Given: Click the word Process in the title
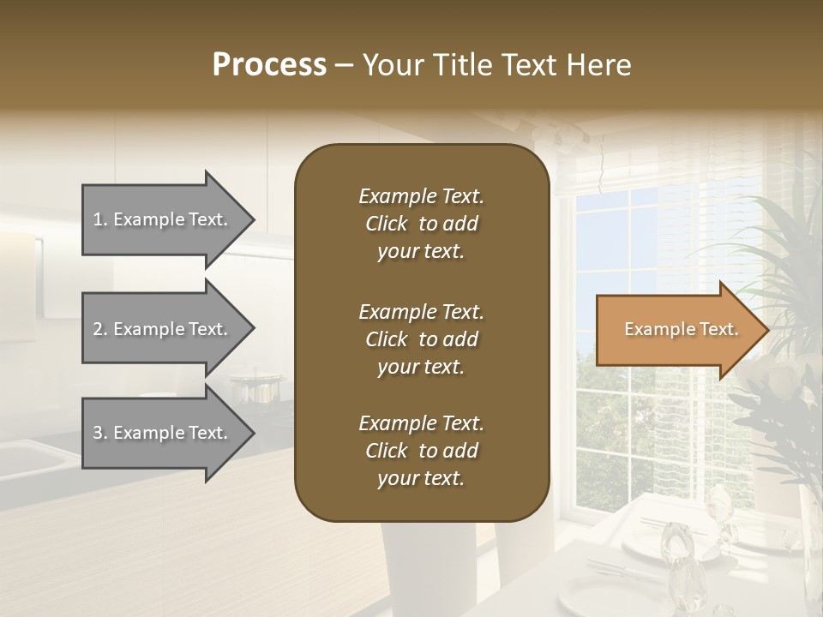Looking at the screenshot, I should point(269,65).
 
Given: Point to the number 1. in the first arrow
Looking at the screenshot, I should point(100,219).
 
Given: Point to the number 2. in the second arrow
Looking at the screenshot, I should point(100,329).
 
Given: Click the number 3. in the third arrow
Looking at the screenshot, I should point(100,433).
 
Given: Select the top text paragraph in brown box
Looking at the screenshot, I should point(421,224).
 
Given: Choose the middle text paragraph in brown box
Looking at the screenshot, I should point(421,338).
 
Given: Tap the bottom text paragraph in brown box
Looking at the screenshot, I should point(421,451).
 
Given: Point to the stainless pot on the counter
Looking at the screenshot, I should point(255,390).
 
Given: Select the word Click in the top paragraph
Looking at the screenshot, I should point(386,224).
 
